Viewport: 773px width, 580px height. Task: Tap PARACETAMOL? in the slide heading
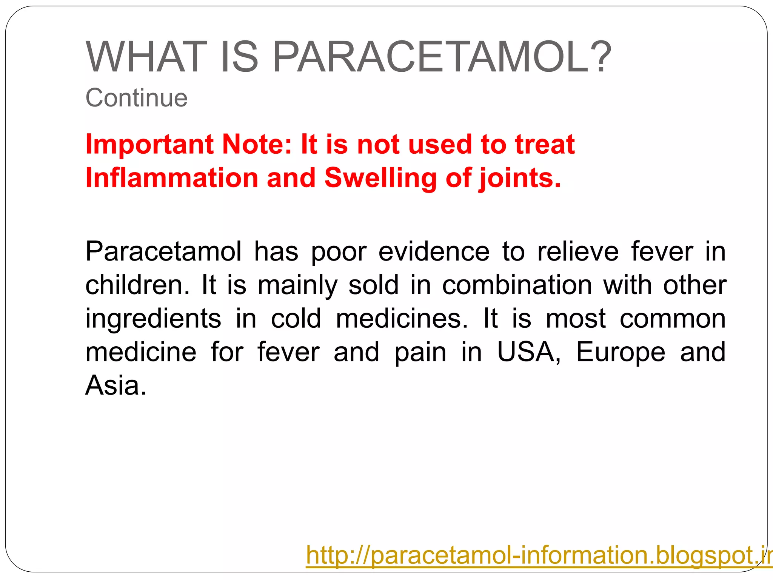[442, 57]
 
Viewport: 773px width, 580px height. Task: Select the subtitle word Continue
[136, 98]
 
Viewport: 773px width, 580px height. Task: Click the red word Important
[150, 145]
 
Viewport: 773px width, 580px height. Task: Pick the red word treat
[545, 144]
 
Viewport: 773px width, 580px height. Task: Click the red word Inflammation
[172, 178]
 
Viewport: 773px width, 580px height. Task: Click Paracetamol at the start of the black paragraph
[163, 251]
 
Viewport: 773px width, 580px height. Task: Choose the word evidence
[434, 251]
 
